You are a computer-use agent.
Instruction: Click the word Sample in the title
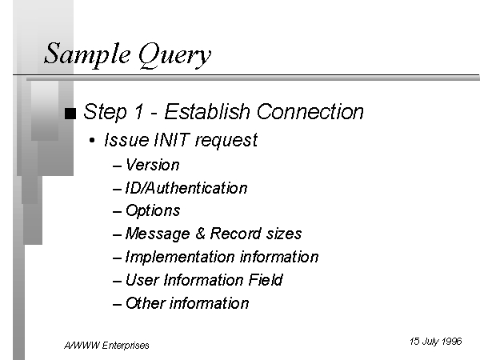tap(87, 54)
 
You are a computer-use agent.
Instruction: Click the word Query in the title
tap(174, 55)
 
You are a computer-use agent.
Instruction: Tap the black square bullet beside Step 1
tap(70, 114)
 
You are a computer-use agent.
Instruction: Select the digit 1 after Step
tap(139, 111)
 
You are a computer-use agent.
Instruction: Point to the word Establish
tap(207, 111)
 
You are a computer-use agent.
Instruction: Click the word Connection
tap(310, 111)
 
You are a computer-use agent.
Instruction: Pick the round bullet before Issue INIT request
tap(92, 141)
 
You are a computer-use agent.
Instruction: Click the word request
tap(226, 141)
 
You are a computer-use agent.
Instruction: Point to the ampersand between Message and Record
tap(200, 234)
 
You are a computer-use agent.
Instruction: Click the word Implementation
tap(180, 257)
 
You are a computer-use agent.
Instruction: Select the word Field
tap(266, 280)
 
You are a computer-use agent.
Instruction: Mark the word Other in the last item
tap(146, 303)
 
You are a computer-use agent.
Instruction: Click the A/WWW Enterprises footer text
tap(106, 346)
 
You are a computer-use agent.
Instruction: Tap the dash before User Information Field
tap(118, 281)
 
